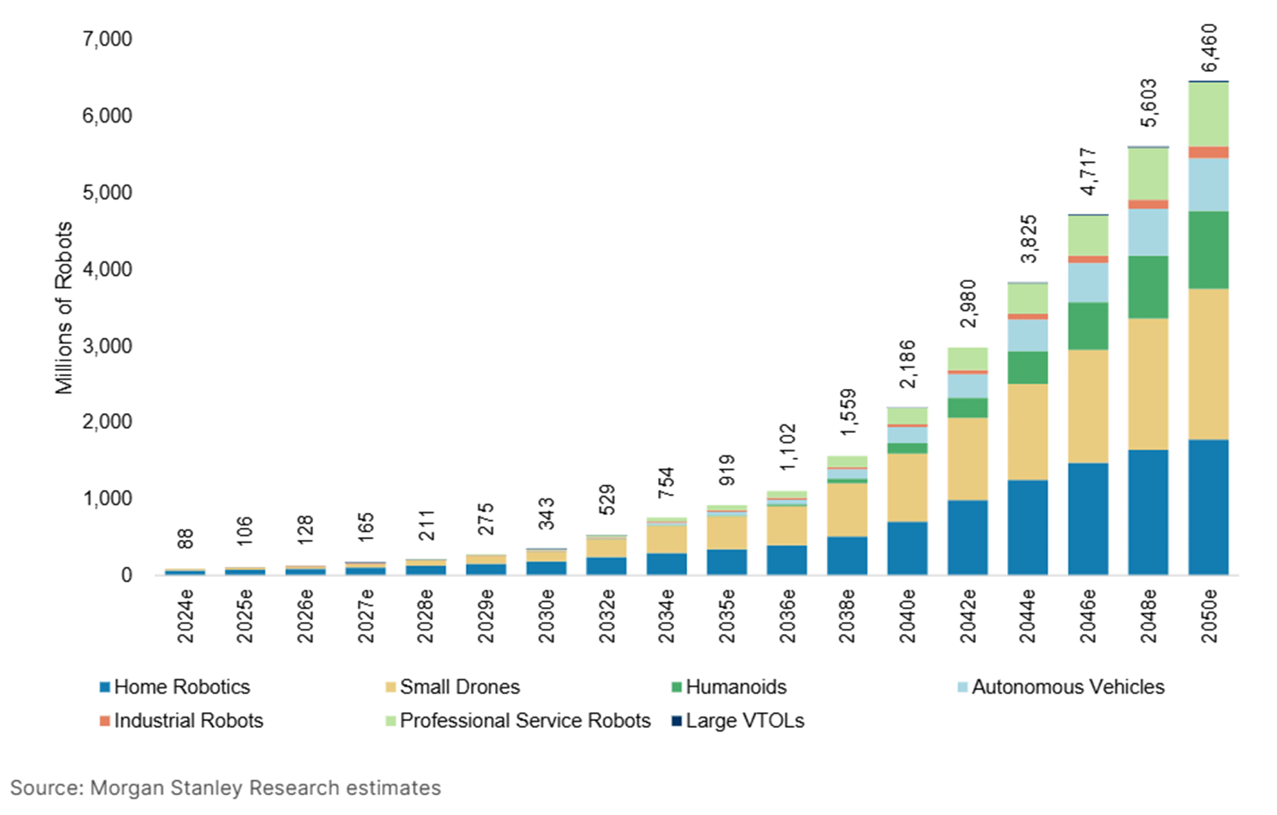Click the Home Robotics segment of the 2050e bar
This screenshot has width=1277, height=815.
pyautogui.click(x=1208, y=507)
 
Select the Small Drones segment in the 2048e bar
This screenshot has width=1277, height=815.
pyautogui.click(x=1148, y=384)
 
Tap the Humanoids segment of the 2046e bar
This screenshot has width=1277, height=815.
pyautogui.click(x=1087, y=325)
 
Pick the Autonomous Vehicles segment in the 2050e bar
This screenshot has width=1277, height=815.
pyautogui.click(x=1208, y=184)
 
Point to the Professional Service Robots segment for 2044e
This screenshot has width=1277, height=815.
pyautogui.click(x=1028, y=298)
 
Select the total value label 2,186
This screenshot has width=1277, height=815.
pyautogui.click(x=908, y=364)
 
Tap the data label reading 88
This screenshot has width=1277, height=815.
pyautogui.click(x=185, y=539)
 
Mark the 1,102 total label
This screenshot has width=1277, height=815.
pyautogui.click(x=787, y=447)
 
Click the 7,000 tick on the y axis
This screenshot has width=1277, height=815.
pyautogui.click(x=107, y=39)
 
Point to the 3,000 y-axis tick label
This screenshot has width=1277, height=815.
pyautogui.click(x=107, y=346)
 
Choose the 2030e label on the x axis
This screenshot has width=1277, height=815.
pyautogui.click(x=546, y=616)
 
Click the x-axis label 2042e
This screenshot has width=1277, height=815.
pyautogui.click(x=967, y=616)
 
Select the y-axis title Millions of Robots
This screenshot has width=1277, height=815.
pyautogui.click(x=64, y=308)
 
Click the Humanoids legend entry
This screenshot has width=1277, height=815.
pyautogui.click(x=736, y=686)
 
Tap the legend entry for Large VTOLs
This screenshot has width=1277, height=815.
pyautogui.click(x=744, y=720)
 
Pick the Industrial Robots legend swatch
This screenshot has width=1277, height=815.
pyautogui.click(x=104, y=721)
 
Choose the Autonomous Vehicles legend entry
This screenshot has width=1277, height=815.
pyautogui.click(x=1067, y=686)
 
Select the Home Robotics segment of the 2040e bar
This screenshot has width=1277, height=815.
pyautogui.click(x=907, y=548)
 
